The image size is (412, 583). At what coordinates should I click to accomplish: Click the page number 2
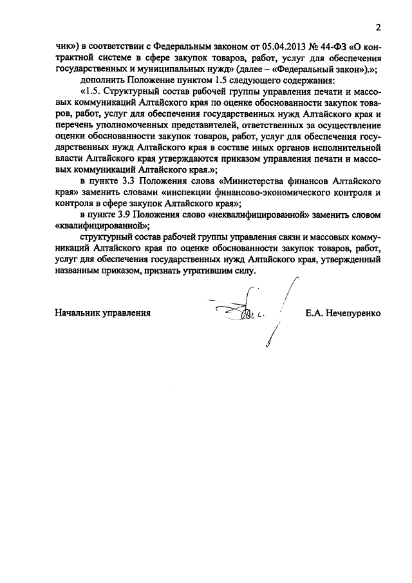pyautogui.click(x=379, y=28)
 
